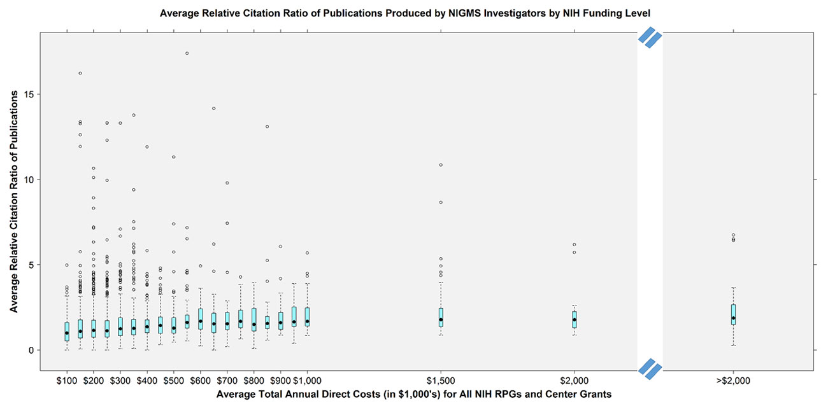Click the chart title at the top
tap(414, 12)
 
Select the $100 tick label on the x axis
tap(67, 381)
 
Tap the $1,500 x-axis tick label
tap(441, 381)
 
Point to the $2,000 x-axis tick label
tap(575, 381)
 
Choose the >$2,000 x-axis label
tap(734, 381)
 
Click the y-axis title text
tap(13, 201)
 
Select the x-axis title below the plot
tap(414, 395)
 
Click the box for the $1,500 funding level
tap(441, 318)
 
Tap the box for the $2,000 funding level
tap(575, 319)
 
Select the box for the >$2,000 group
tap(734, 314)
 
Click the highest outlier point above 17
tap(187, 53)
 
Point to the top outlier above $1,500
tap(441, 165)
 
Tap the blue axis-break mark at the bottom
tap(650, 368)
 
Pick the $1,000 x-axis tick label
tap(308, 381)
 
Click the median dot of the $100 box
tap(67, 333)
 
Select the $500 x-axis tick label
tap(174, 381)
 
